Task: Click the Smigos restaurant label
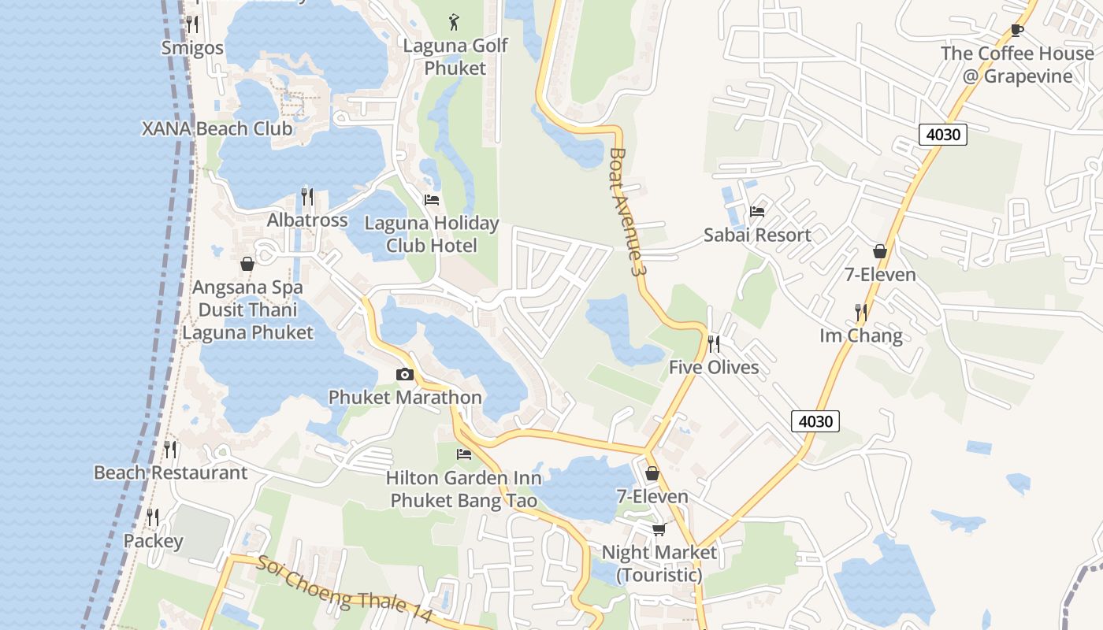(x=192, y=48)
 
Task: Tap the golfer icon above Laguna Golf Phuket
(x=454, y=21)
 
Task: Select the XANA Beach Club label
(x=217, y=128)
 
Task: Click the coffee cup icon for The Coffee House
(x=1017, y=31)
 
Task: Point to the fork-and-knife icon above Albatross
(x=307, y=196)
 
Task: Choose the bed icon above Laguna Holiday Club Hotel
(x=432, y=200)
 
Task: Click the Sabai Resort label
(x=757, y=235)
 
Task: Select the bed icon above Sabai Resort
(x=757, y=211)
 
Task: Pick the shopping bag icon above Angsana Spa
(x=247, y=264)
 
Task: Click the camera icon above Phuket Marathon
(x=405, y=374)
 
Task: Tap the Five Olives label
(x=714, y=367)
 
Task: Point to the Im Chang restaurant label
(x=861, y=336)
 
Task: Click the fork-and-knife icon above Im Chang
(x=861, y=313)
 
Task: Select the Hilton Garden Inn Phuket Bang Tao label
(x=464, y=489)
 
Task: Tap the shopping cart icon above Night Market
(x=659, y=529)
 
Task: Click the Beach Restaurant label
(x=170, y=472)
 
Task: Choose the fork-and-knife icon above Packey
(x=153, y=517)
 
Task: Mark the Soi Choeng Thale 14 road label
(x=345, y=589)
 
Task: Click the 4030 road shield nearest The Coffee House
(x=943, y=134)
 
